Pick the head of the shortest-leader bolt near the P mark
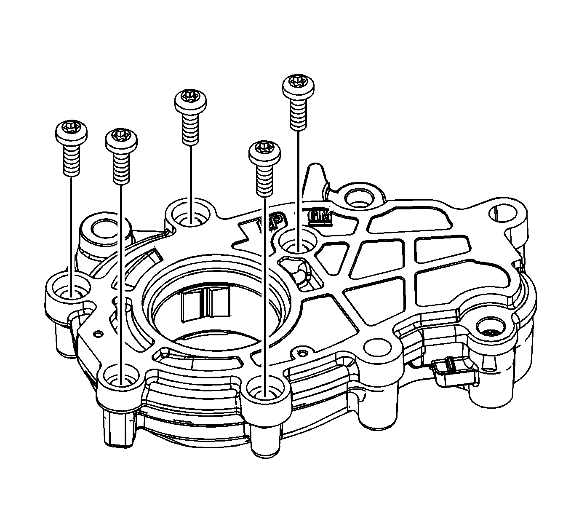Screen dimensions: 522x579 coord(264,151)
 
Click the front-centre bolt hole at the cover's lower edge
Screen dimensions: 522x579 coord(264,389)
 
